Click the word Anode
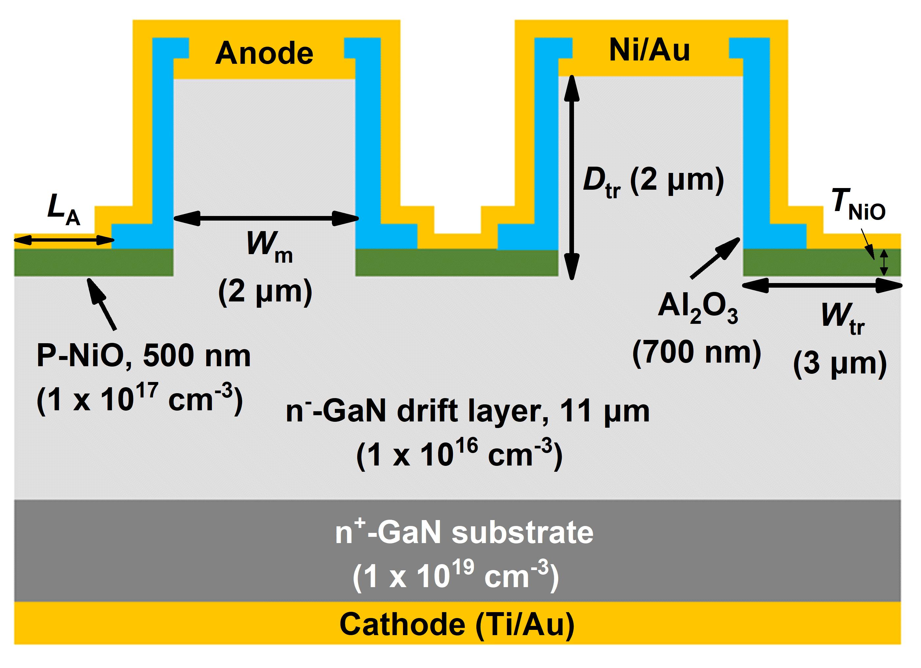pos(264,53)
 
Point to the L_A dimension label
pos(64,209)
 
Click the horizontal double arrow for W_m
pos(266,218)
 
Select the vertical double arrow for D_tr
pos(571,177)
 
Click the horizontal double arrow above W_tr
pos(822,285)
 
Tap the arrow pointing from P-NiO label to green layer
pos(102,304)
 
